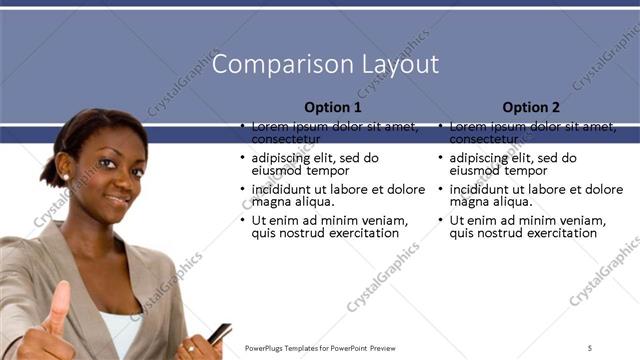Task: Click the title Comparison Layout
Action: (x=326, y=65)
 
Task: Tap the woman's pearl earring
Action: (x=66, y=177)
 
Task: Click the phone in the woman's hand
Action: (x=220, y=333)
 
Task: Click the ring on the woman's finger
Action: (x=189, y=348)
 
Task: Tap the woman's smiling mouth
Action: (x=119, y=199)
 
